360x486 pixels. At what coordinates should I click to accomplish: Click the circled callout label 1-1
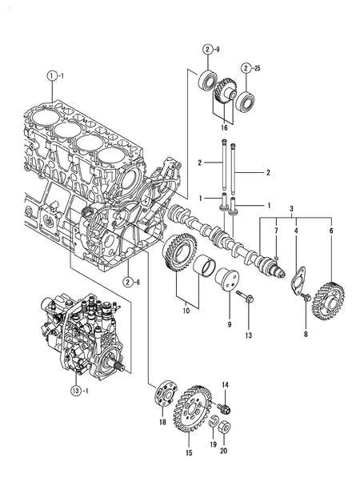click(54, 76)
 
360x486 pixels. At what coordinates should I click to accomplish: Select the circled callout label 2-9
click(208, 50)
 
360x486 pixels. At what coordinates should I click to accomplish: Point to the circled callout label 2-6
click(130, 280)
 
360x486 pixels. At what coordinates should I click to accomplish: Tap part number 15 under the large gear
click(189, 453)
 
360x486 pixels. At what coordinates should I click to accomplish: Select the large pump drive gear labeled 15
click(190, 408)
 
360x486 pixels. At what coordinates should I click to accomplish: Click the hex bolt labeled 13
click(246, 302)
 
